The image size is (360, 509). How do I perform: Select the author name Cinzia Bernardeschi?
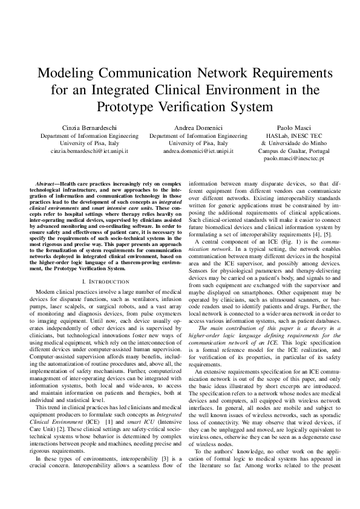pos(90,129)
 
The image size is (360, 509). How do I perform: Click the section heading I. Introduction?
pos(108,282)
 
